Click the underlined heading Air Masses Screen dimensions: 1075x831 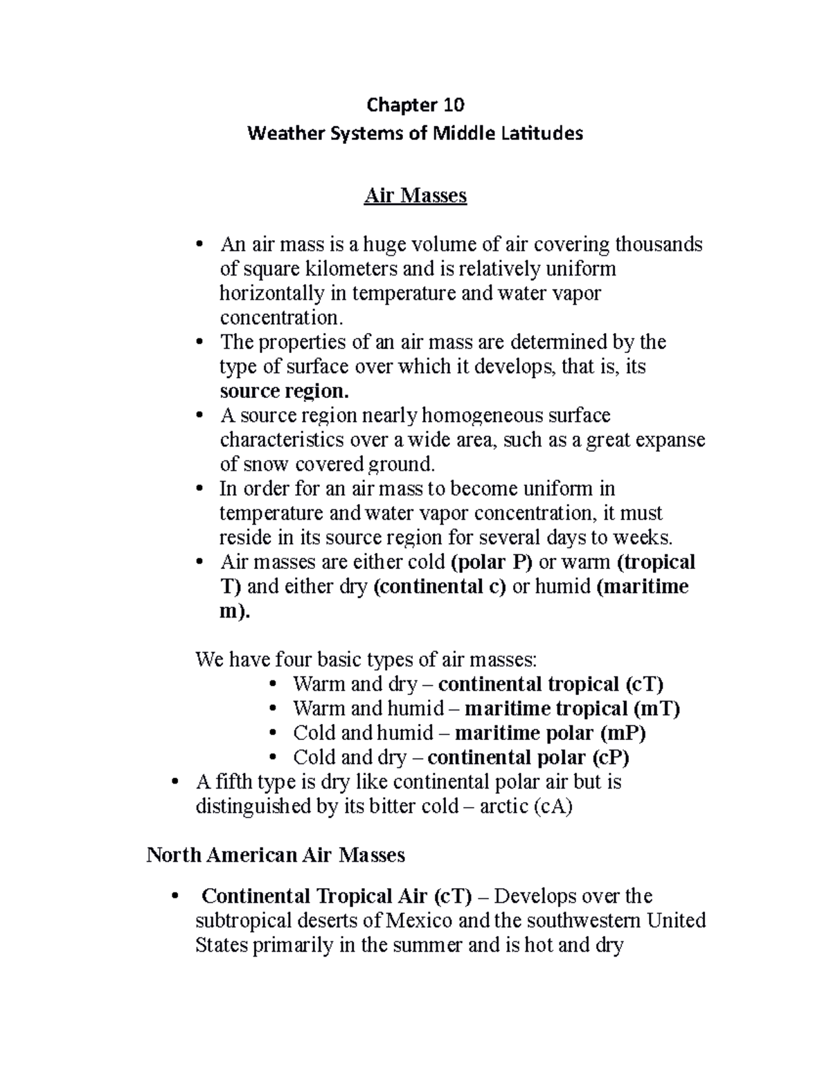pos(415,196)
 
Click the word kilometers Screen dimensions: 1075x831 pos(336,269)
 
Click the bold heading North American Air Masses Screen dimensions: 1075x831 pos(276,855)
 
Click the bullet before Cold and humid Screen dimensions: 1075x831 pos(275,733)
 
